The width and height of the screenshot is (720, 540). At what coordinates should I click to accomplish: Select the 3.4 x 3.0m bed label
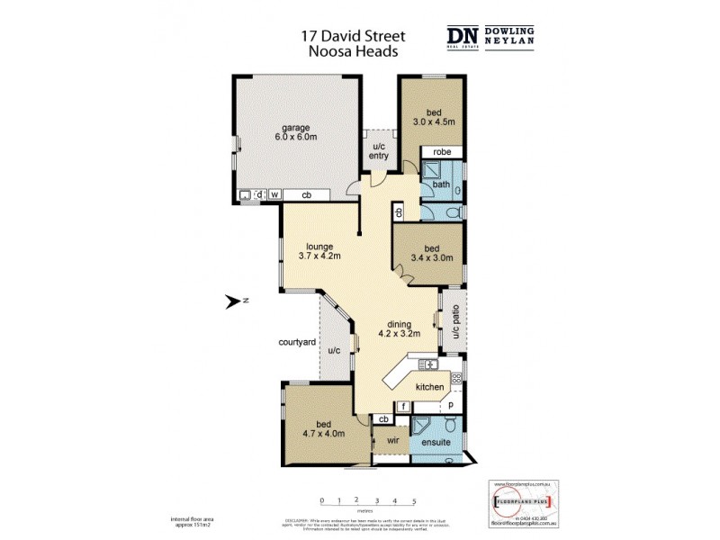point(434,253)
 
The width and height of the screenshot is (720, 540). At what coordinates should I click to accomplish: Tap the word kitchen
point(429,387)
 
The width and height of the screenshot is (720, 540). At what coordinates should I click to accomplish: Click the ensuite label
point(435,444)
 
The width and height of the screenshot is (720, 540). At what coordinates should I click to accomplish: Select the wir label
point(392,441)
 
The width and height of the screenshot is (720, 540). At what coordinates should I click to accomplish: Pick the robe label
point(441,152)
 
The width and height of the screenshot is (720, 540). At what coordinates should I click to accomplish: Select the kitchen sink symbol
point(427,364)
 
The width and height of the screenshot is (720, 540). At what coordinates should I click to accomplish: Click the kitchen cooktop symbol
point(456,379)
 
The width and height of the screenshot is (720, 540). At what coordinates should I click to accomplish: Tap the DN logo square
point(463,35)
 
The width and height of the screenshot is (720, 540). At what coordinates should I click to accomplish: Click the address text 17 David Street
point(353,37)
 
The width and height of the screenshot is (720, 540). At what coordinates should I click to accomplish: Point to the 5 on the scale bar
point(413,499)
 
